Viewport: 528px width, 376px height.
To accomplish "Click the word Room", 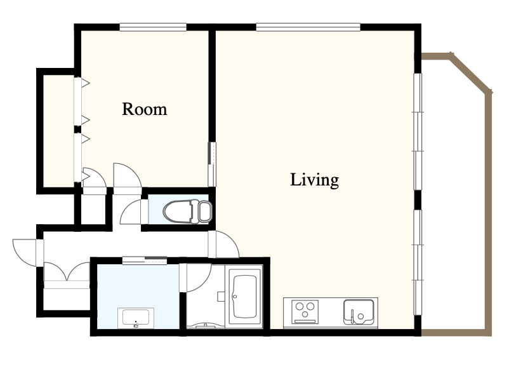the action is pyautogui.click(x=145, y=109).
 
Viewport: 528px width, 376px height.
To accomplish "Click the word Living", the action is pyautogui.click(x=315, y=180).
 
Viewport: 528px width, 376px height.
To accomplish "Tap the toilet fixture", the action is pyautogui.click(x=187, y=211).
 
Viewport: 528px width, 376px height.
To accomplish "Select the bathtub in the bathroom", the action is pyautogui.click(x=246, y=297).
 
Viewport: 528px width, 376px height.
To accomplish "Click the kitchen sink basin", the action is pyautogui.click(x=359, y=312).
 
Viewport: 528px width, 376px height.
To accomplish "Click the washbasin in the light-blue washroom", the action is pyautogui.click(x=136, y=318).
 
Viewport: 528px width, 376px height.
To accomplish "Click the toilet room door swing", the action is pyautogui.click(x=131, y=211).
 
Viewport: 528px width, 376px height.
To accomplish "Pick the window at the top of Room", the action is pyautogui.click(x=153, y=27).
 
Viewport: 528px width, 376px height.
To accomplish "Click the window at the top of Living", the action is pyautogui.click(x=308, y=27).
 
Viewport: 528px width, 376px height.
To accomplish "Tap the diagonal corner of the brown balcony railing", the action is pyautogui.click(x=471, y=73).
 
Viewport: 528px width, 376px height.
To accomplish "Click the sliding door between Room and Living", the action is pyautogui.click(x=212, y=164).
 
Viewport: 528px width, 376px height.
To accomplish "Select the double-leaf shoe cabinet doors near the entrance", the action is pyautogui.click(x=67, y=272).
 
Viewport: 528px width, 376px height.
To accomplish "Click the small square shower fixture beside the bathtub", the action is pyautogui.click(x=221, y=297).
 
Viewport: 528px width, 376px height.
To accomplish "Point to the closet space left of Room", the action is pyautogui.click(x=58, y=131).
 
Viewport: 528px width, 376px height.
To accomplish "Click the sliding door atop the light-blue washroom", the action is pyautogui.click(x=145, y=260).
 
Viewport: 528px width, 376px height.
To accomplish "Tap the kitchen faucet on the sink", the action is pyautogui.click(x=352, y=316).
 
